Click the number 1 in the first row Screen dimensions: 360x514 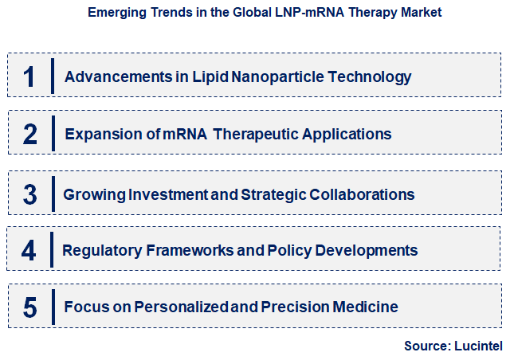point(29,76)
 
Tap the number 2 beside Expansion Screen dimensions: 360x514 point(29,134)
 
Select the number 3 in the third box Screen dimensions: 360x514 point(29,194)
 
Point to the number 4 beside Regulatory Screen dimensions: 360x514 point(29,250)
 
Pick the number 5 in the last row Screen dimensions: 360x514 point(29,307)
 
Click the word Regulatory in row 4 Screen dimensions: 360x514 point(102,250)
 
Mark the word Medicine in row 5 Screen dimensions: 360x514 point(368,307)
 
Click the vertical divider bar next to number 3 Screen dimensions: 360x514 point(53,194)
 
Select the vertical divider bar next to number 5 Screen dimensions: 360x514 point(53,307)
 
